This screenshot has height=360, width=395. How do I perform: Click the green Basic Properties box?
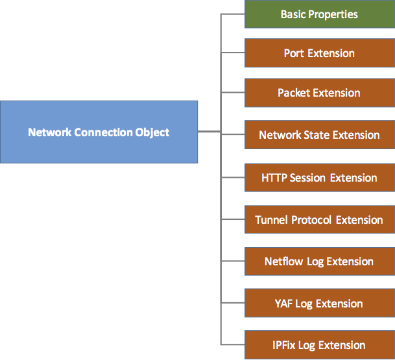[319, 14]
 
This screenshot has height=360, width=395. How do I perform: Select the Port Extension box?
[319, 53]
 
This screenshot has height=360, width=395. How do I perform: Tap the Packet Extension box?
[319, 93]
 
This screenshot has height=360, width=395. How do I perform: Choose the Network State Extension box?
[319, 135]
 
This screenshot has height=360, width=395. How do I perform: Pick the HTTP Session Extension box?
[319, 177]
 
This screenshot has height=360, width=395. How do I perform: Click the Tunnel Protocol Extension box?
[319, 220]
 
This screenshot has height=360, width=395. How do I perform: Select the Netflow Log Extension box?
[319, 261]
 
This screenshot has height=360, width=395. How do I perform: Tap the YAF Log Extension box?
[319, 304]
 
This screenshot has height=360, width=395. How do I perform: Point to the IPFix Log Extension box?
[319, 345]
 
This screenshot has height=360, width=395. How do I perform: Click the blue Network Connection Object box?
[99, 132]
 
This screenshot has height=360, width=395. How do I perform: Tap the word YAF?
[283, 304]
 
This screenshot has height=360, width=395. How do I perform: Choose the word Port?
[294, 53]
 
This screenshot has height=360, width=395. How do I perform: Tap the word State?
[317, 135]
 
